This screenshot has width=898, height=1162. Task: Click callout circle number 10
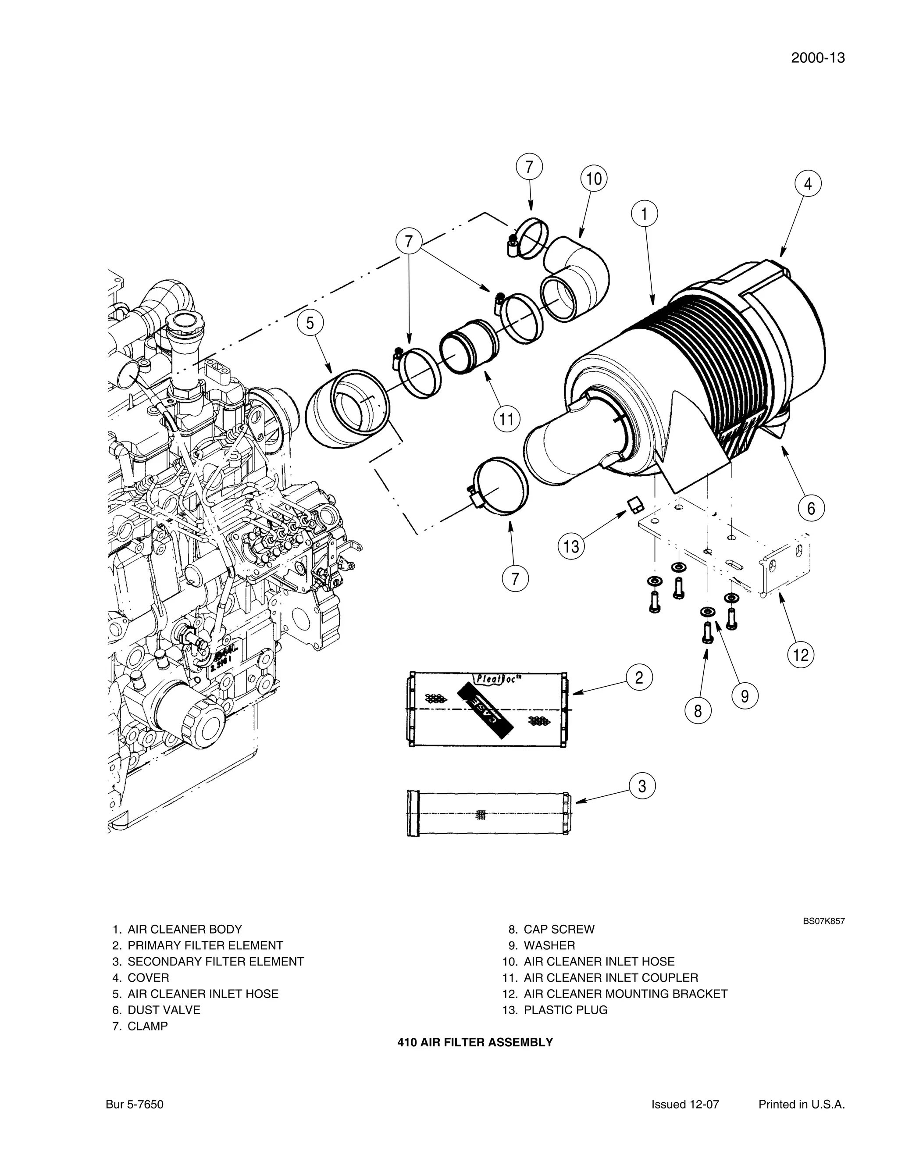594,179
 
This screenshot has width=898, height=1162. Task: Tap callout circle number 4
808,184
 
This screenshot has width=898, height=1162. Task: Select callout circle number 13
571,546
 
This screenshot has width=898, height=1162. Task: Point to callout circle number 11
506,420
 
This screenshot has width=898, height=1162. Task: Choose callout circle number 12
801,654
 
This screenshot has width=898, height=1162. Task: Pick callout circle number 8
698,710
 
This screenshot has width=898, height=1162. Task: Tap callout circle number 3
642,786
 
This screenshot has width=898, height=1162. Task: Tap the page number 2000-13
817,58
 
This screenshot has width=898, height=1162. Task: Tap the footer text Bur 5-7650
135,1105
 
